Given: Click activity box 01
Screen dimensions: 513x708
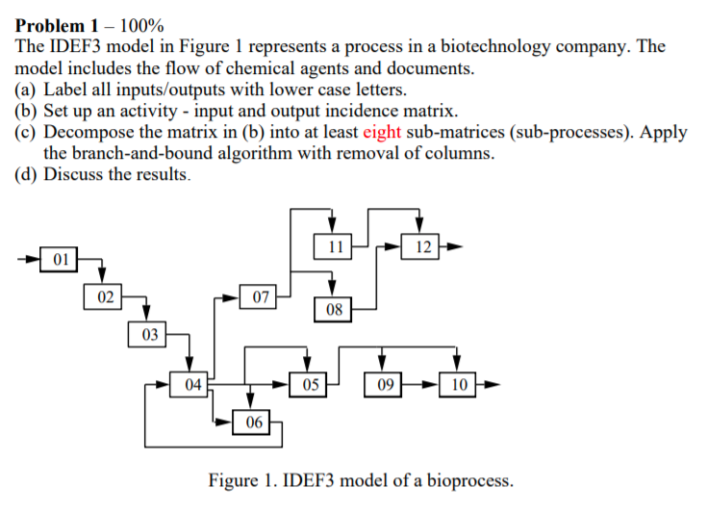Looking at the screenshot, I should click(x=60, y=259).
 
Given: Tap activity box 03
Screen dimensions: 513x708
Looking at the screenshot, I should click(x=147, y=334).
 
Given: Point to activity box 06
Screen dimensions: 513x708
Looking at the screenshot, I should click(x=252, y=422).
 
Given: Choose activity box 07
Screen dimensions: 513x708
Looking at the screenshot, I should click(x=259, y=296).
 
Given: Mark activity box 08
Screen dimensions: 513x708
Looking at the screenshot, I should click(x=333, y=310).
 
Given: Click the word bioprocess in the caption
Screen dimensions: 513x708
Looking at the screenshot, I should click(x=466, y=480).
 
